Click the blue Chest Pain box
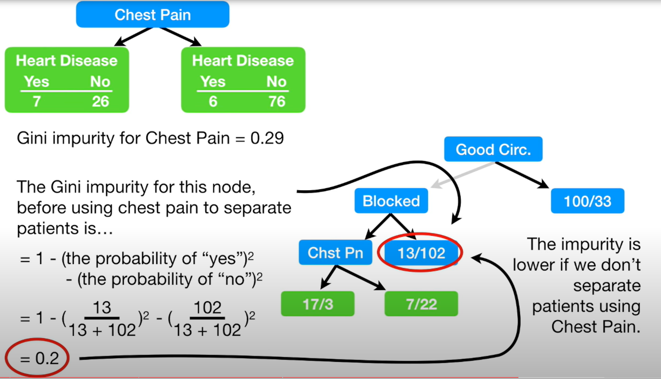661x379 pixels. (152, 14)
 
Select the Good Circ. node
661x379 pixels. (493, 149)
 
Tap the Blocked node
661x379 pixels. (391, 201)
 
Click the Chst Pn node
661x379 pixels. (335, 253)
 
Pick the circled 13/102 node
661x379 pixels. (421, 253)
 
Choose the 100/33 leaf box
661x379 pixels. (587, 201)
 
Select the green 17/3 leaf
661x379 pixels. (317, 304)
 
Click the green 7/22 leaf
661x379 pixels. (421, 304)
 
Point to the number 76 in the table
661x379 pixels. (276, 101)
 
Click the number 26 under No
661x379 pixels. (100, 101)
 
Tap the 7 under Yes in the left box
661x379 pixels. (37, 101)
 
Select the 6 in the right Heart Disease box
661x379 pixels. (213, 101)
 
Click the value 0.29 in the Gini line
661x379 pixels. (267, 138)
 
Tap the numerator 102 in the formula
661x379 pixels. (207, 308)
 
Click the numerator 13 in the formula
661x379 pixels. (102, 308)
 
